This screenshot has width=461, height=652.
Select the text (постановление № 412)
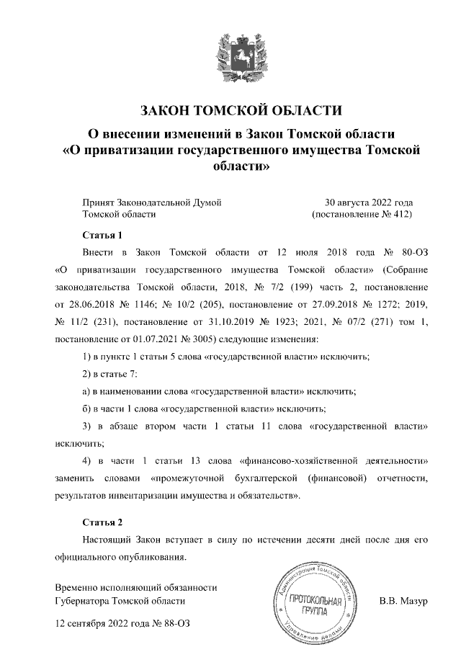click(361, 215)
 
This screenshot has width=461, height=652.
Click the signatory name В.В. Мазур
click(404, 600)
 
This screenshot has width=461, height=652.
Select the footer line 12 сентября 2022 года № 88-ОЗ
click(123, 622)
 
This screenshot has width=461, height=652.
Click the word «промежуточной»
click(193, 477)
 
